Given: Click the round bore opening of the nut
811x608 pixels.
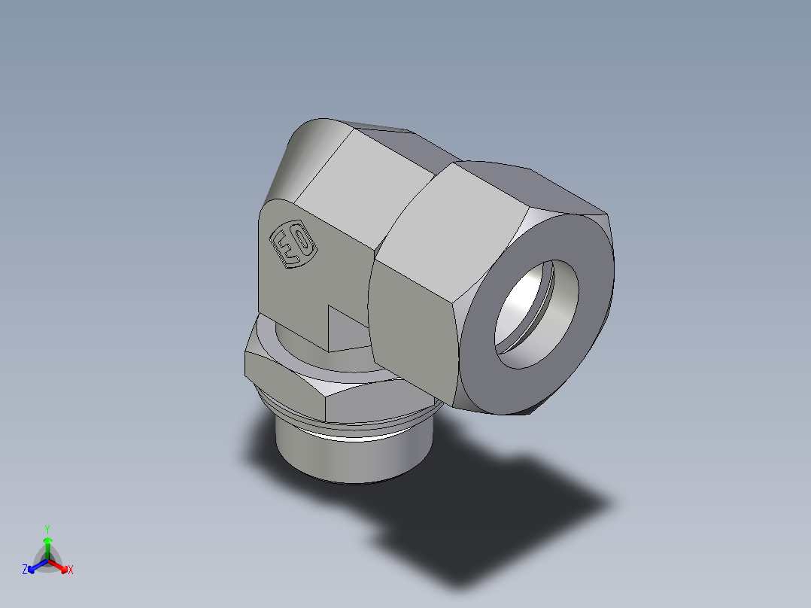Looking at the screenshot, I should [536, 314].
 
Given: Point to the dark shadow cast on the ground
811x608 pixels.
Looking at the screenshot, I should [489, 512].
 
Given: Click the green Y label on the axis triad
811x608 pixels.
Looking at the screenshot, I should [47, 529].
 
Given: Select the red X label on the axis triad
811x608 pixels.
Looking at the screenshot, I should [70, 570].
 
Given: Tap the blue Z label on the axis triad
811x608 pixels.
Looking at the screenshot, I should [25, 570].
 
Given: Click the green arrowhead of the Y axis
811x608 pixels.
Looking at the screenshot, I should [47, 540].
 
